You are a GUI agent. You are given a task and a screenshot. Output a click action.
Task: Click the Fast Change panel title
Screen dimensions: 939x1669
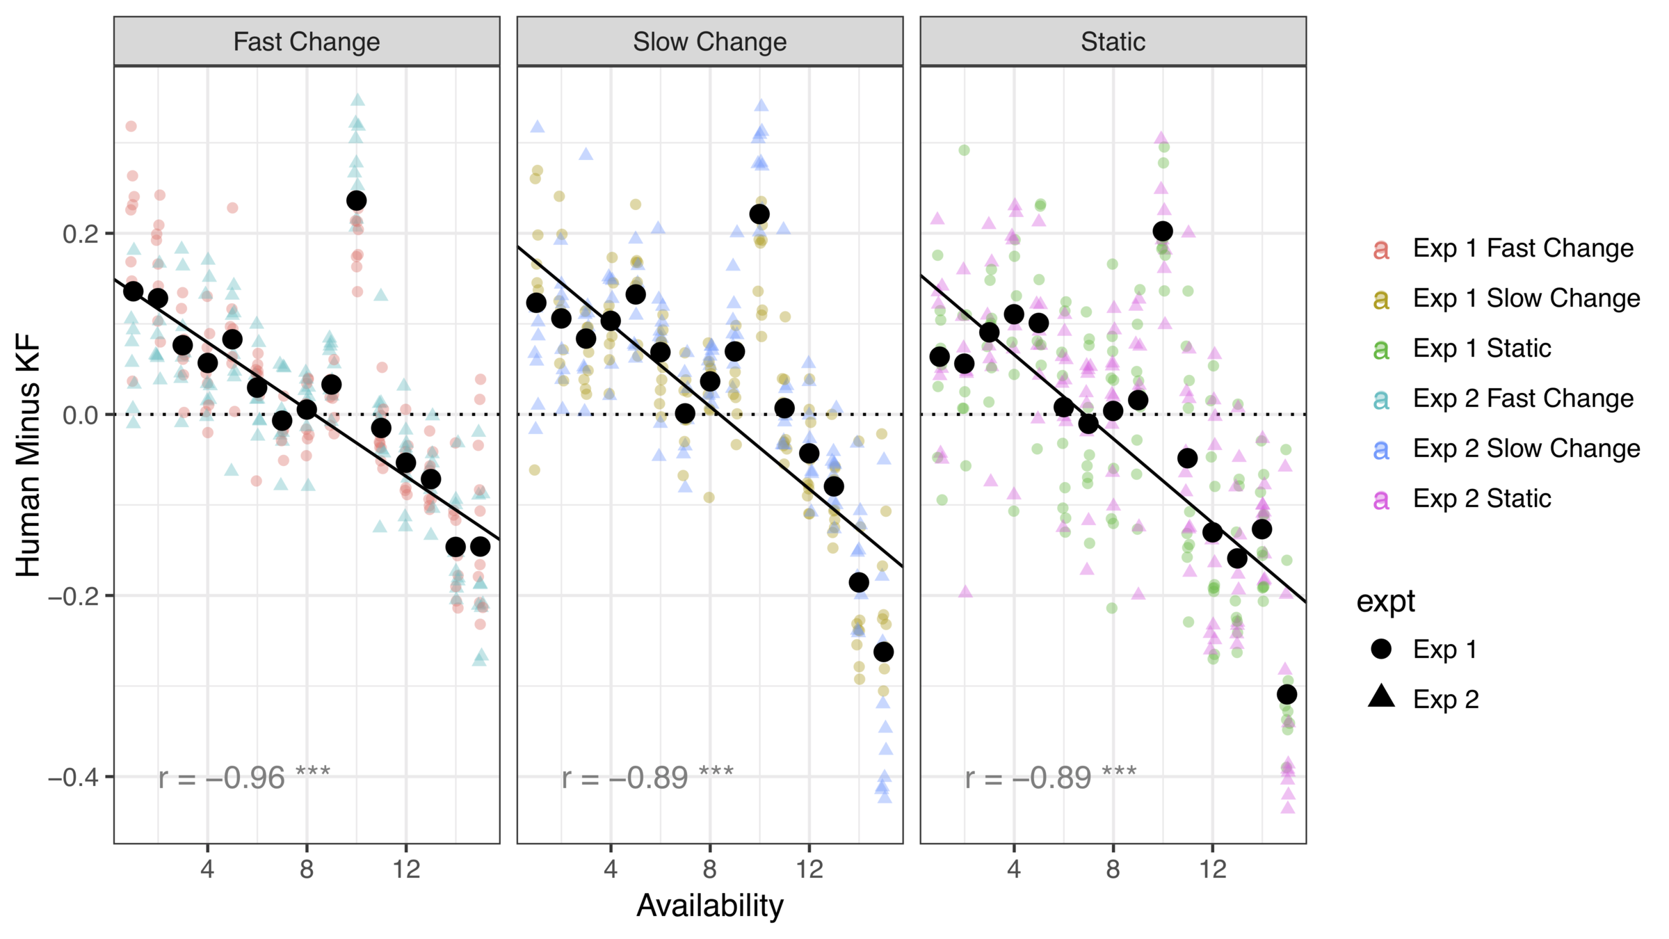click(307, 42)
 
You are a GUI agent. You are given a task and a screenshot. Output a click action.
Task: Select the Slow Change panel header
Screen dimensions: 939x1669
click(709, 42)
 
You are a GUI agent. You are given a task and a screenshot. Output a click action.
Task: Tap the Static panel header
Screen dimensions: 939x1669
click(1113, 42)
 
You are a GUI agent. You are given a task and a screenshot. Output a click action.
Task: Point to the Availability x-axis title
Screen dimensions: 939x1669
click(709, 906)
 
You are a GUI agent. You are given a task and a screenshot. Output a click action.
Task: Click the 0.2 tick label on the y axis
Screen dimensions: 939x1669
click(80, 234)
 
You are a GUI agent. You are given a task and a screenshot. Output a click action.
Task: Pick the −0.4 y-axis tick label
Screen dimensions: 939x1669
click(74, 777)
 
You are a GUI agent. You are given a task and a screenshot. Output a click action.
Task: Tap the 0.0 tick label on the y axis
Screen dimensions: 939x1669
click(80, 415)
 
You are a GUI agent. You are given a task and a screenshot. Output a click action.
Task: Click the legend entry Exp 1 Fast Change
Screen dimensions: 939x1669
click(1523, 248)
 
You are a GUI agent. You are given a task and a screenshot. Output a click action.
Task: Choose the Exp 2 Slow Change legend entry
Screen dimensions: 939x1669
click(1526, 449)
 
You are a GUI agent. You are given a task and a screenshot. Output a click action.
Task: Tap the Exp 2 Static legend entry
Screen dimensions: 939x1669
click(1482, 499)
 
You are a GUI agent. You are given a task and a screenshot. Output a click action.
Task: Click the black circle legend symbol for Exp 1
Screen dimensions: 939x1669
click(1381, 649)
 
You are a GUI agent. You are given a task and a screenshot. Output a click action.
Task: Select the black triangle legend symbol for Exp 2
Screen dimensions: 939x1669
click(1381, 698)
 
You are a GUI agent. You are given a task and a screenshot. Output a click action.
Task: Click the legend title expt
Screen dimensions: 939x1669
click(1385, 602)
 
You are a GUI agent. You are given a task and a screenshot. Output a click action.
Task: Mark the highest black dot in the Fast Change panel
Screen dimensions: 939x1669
click(356, 201)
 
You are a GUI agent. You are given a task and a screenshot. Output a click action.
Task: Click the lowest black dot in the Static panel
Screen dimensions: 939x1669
click(1287, 694)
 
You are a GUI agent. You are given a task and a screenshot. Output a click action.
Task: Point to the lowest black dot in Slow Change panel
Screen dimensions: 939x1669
click(883, 652)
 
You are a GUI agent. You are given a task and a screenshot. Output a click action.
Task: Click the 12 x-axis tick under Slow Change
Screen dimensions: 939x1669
click(809, 869)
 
